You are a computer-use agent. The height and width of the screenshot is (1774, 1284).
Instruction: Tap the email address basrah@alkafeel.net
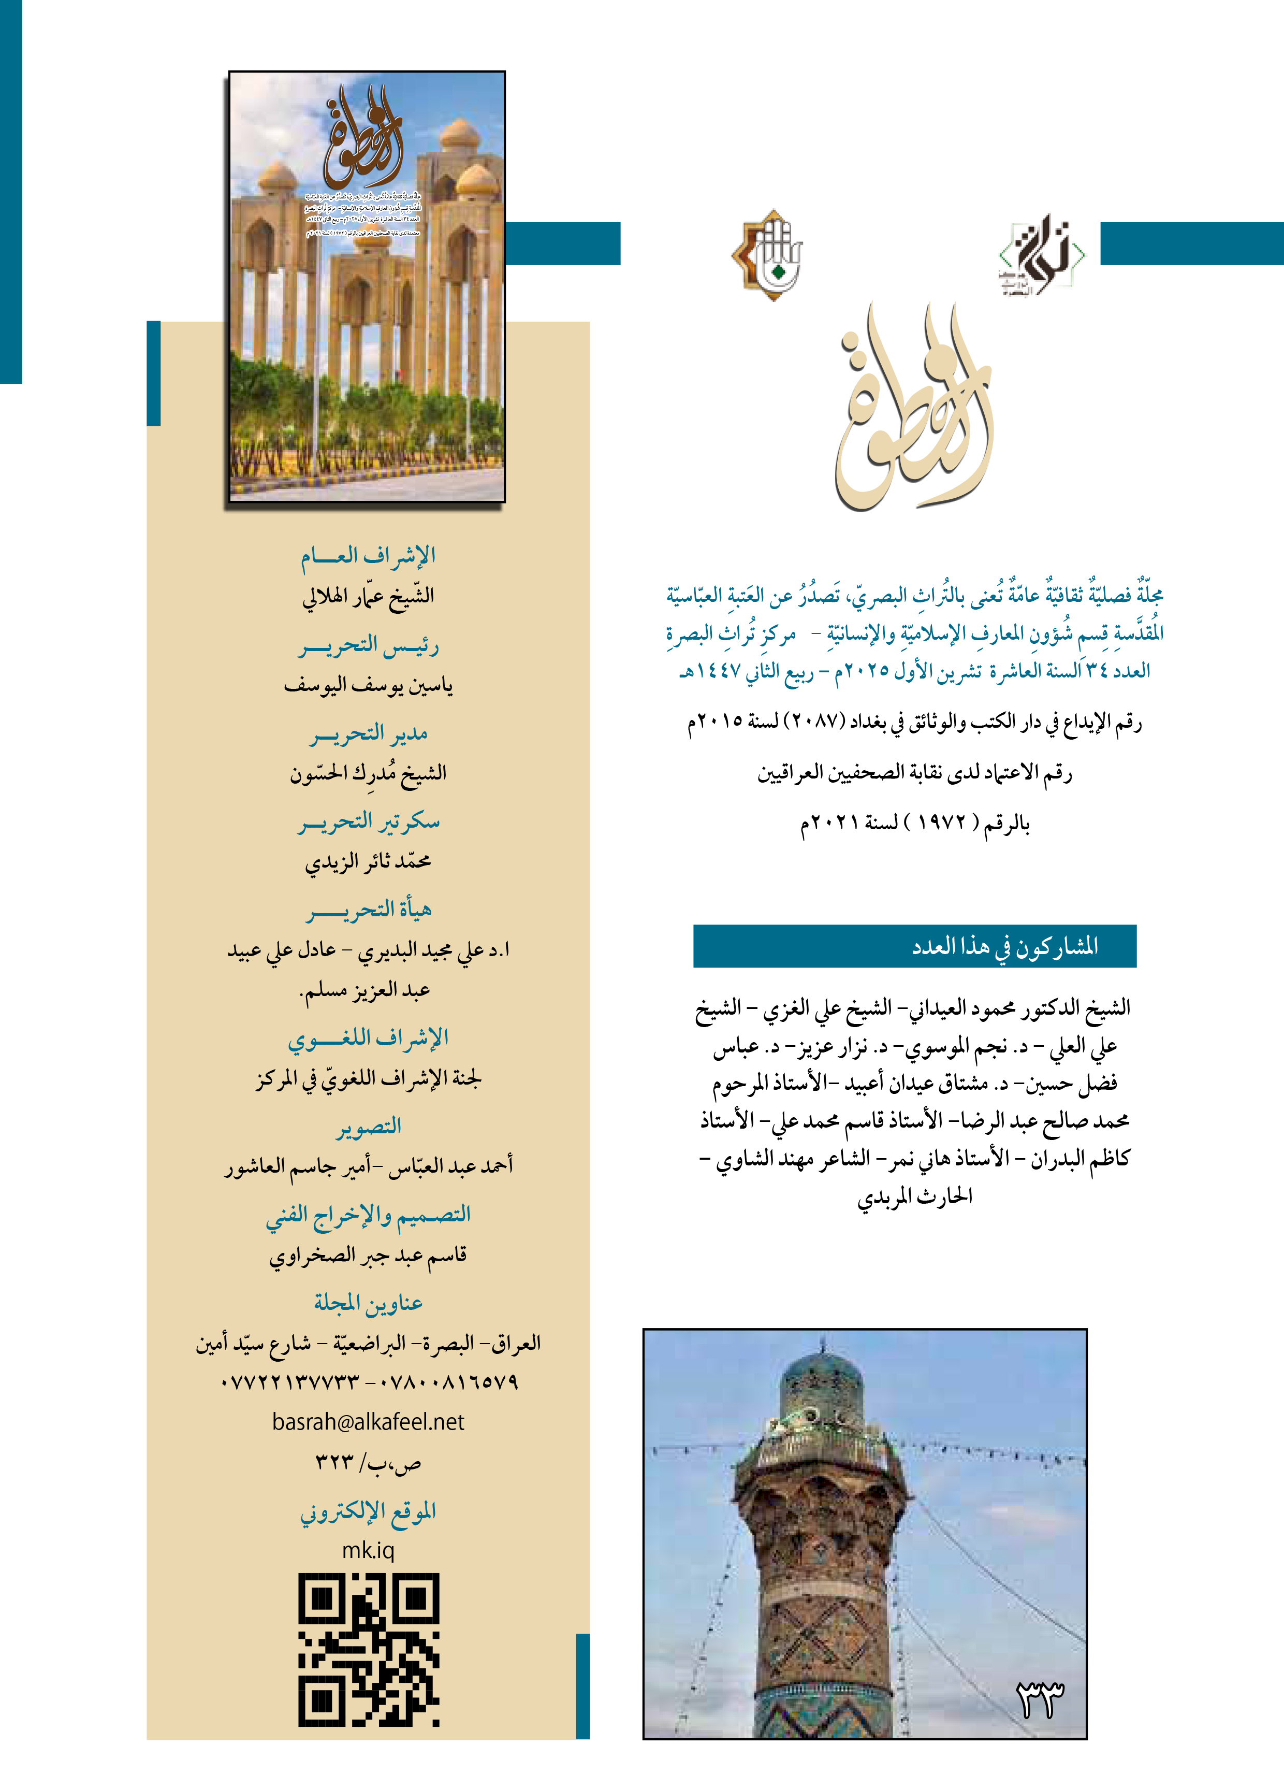[368, 1421]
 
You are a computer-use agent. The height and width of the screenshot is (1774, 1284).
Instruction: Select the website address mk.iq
[368, 1550]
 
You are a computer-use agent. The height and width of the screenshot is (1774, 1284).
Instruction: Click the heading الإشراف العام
[368, 556]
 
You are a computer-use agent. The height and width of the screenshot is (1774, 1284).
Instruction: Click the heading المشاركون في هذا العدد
[1005, 946]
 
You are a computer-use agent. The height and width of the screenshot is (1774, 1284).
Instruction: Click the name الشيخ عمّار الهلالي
[368, 596]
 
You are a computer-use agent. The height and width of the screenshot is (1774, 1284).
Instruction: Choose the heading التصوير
[368, 1127]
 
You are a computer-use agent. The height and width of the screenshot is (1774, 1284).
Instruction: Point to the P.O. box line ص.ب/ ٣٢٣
[368, 1462]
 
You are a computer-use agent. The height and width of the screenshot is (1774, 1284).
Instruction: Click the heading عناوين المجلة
[368, 1302]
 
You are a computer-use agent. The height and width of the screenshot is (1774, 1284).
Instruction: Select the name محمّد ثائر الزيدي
[368, 861]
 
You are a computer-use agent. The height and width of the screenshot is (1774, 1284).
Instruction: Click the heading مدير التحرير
[368, 734]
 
